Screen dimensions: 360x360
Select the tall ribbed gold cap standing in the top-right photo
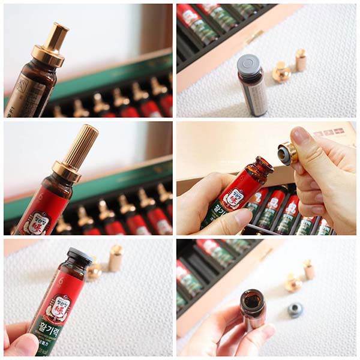[x=301, y=60]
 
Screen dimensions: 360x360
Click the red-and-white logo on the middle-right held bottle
[x=233, y=198]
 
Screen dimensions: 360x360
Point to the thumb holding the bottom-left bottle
[x=21, y=344]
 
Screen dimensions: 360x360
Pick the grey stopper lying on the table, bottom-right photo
[x=294, y=309]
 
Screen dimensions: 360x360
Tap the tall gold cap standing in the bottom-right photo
[x=309, y=269]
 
